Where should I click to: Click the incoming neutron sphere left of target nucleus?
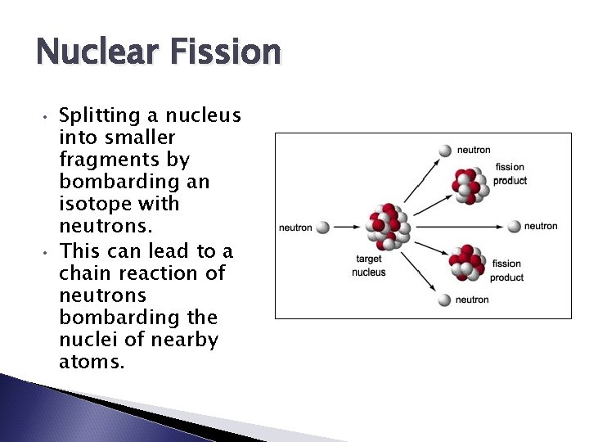click(x=323, y=228)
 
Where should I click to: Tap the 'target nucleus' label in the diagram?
click(x=368, y=266)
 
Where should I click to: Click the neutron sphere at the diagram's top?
click(x=445, y=151)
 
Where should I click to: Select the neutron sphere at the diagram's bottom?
click(x=443, y=300)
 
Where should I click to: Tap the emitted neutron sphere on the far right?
click(x=514, y=226)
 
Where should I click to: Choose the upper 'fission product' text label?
click(x=510, y=174)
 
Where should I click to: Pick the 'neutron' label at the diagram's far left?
click(x=295, y=228)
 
